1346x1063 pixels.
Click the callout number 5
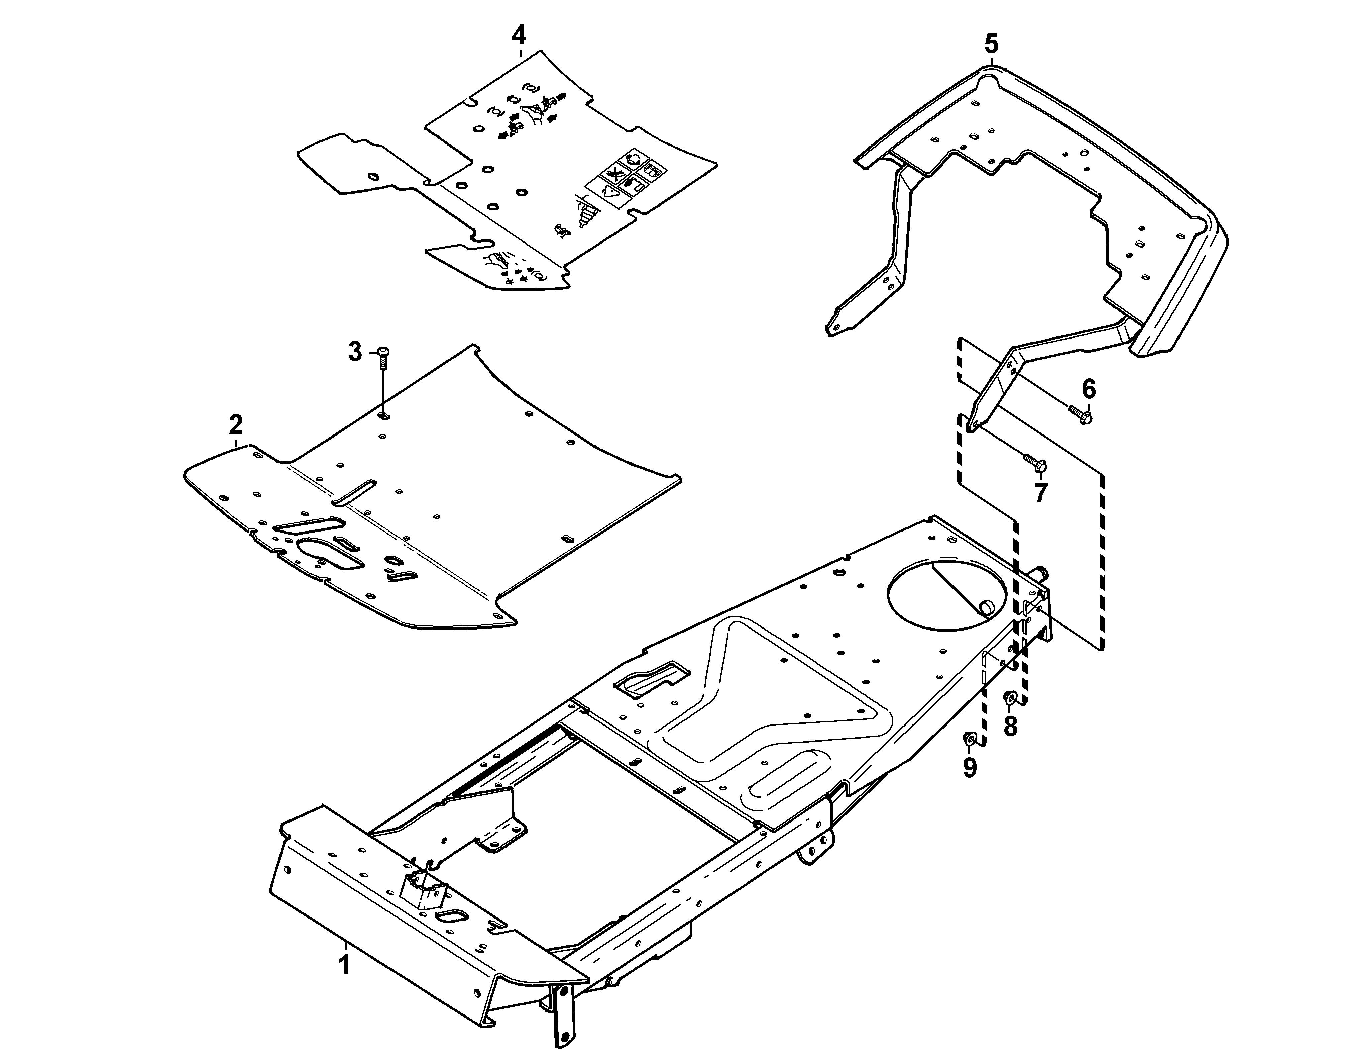[992, 44]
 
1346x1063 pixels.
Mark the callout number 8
[1011, 726]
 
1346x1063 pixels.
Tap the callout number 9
[970, 767]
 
